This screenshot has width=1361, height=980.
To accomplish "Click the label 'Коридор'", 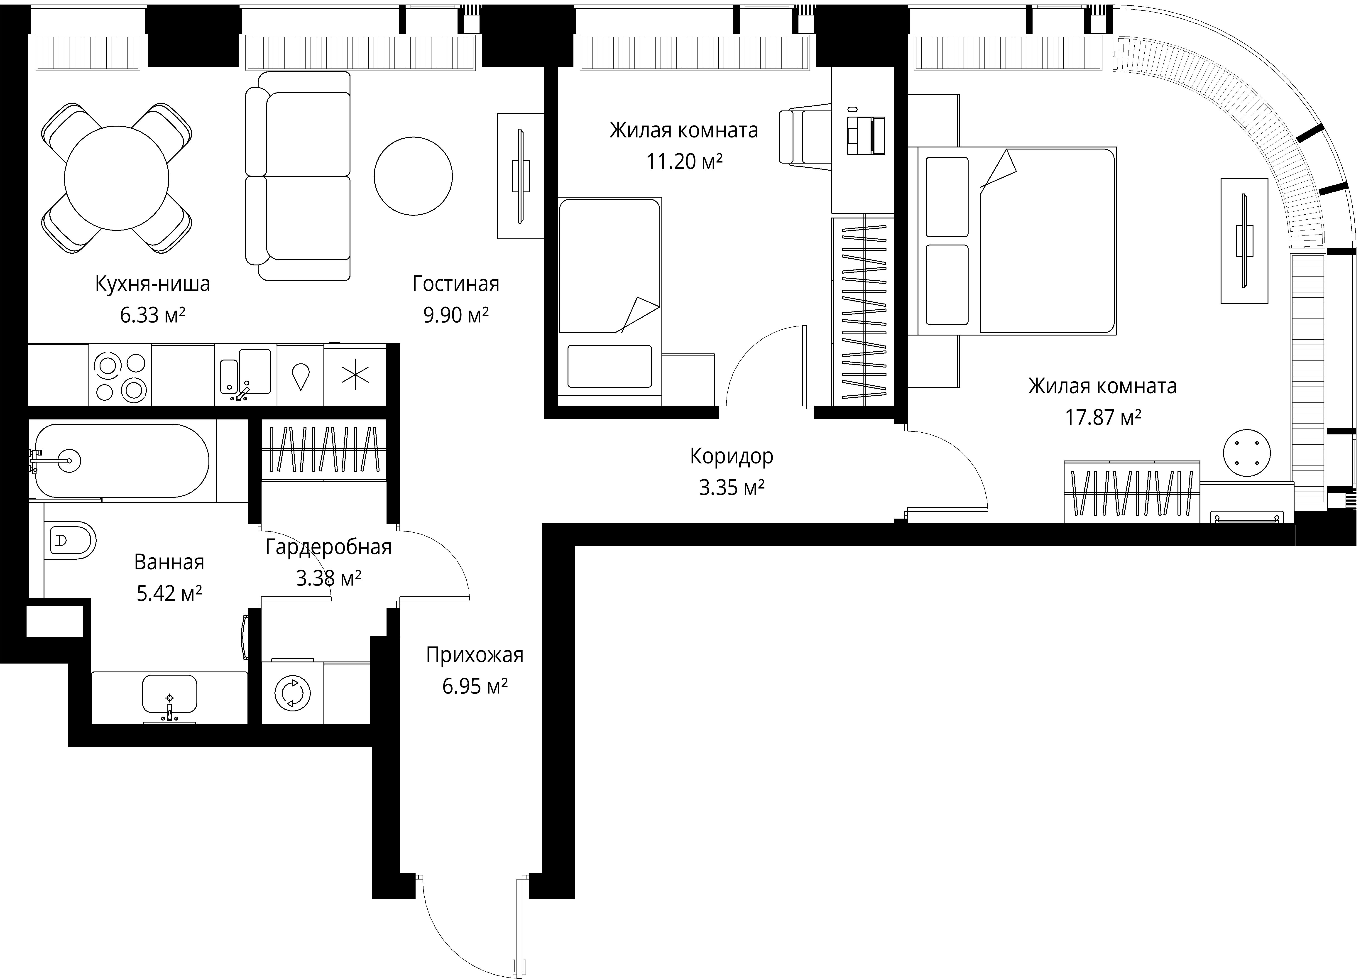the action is point(732,457).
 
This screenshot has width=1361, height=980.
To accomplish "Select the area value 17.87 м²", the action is point(1103,417).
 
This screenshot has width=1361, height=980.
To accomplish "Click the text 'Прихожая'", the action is point(475,655).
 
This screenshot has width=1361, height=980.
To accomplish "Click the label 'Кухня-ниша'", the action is point(152,284).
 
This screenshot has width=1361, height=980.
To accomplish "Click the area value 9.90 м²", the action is point(456,315).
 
